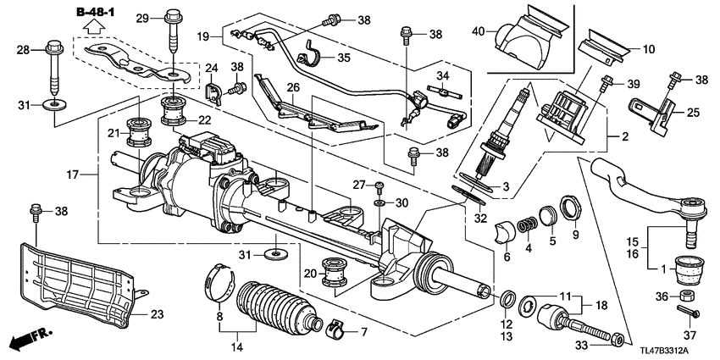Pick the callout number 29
pos(142,18)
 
